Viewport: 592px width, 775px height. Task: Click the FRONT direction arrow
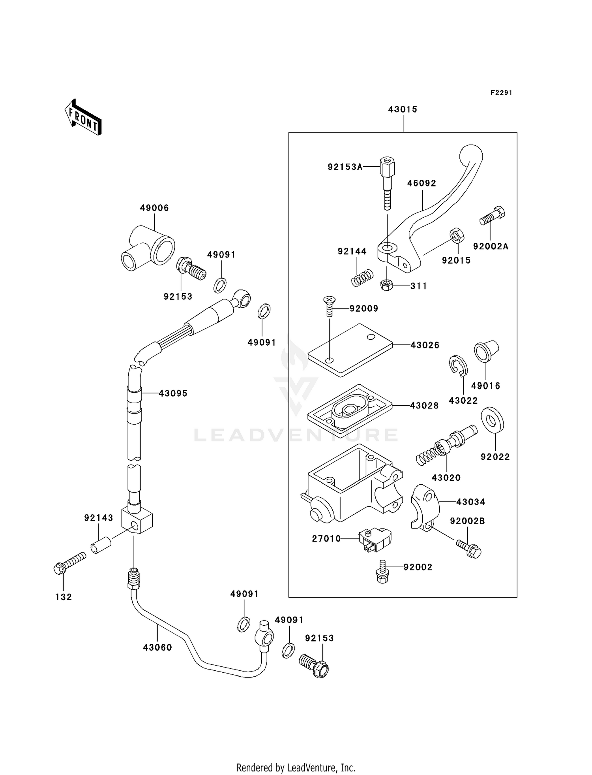click(x=83, y=117)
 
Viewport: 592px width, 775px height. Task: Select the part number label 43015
click(x=403, y=109)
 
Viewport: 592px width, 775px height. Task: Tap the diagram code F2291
click(x=501, y=93)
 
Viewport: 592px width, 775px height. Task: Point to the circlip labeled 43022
click(x=458, y=366)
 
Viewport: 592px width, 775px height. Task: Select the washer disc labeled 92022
click(x=492, y=420)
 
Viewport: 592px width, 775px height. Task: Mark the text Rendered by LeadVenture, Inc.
click(x=296, y=767)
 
